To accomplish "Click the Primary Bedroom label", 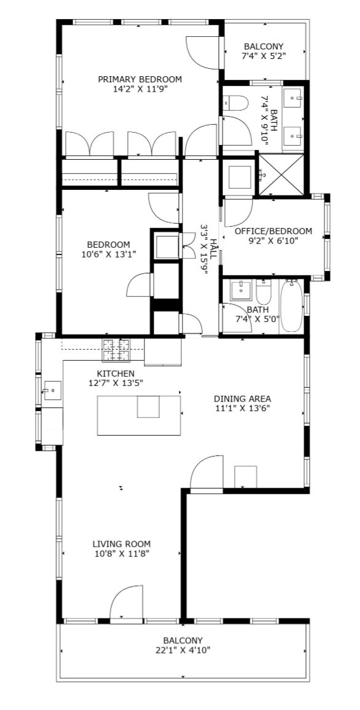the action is (x=139, y=79).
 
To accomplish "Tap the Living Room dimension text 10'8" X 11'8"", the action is (x=121, y=553).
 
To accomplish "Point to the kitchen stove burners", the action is (x=115, y=350).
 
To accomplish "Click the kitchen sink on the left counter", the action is (x=52, y=390).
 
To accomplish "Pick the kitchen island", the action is (x=139, y=415).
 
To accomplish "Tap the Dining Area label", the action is (x=243, y=399).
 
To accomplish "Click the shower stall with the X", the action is (x=280, y=175).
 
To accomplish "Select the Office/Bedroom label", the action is (x=273, y=231).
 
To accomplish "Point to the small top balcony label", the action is (x=264, y=46).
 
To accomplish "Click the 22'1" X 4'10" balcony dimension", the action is (x=182, y=650).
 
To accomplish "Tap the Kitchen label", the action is (x=115, y=374).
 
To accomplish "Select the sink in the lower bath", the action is (x=240, y=290).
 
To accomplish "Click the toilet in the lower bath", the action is (x=263, y=291).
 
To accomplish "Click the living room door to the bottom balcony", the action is (x=127, y=604).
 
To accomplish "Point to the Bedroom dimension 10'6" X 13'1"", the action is (x=109, y=254).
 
